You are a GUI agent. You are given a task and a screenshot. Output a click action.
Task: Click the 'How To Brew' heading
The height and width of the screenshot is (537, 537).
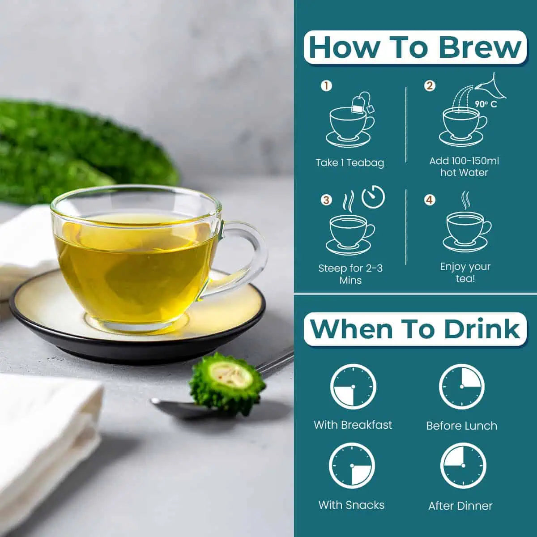(x=415, y=47)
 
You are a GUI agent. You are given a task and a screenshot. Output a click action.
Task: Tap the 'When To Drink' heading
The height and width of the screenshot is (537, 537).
(x=415, y=329)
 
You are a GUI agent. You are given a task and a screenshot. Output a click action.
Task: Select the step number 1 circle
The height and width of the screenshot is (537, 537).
(x=326, y=86)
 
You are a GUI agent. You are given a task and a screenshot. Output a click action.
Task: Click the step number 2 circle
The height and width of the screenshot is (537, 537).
(x=430, y=85)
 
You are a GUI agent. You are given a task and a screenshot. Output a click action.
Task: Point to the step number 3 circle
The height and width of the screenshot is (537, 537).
(x=326, y=200)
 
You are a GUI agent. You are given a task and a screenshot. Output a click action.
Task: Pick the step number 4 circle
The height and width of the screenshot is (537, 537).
(x=430, y=200)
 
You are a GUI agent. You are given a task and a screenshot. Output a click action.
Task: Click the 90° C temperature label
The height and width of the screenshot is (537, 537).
(x=486, y=104)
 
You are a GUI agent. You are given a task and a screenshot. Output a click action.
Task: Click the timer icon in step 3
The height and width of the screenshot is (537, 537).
(x=373, y=197)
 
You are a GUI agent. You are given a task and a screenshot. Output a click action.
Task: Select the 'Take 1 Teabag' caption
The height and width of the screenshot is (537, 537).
(x=350, y=162)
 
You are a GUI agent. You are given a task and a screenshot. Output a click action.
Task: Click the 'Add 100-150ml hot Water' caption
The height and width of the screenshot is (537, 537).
(x=464, y=166)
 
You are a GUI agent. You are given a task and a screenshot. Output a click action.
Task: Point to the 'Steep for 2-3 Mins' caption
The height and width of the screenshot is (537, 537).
(x=350, y=274)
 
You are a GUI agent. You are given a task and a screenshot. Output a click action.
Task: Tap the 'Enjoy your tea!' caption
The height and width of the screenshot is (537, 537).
(x=465, y=272)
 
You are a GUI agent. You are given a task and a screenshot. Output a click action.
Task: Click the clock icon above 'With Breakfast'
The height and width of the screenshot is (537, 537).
(x=353, y=387)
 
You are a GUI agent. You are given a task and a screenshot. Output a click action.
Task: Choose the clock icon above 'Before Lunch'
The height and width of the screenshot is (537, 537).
(x=462, y=387)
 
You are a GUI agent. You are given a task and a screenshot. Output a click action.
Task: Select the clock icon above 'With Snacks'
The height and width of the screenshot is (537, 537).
(x=352, y=466)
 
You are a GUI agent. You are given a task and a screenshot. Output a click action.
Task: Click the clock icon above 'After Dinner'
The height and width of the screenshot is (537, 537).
(x=463, y=466)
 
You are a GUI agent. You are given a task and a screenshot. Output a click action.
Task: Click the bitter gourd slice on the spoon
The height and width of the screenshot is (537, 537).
(x=228, y=384)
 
